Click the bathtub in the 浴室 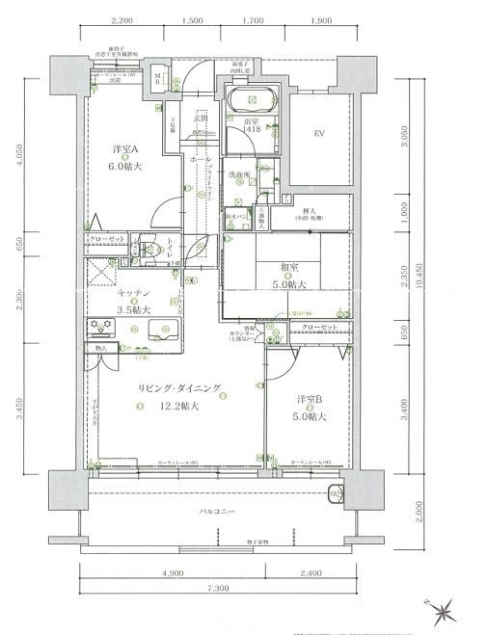pos(253,99)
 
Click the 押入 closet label pos(311,210)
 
